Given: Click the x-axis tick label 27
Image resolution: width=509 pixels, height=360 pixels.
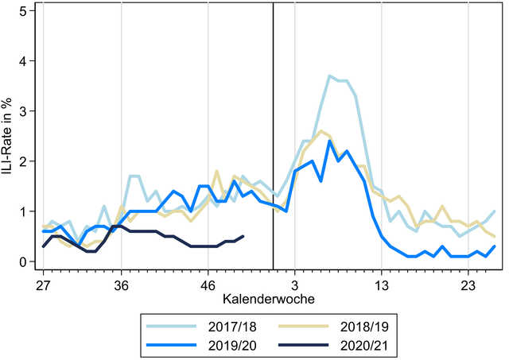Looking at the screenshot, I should (43, 283).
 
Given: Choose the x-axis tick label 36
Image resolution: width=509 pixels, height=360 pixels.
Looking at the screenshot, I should (121, 283).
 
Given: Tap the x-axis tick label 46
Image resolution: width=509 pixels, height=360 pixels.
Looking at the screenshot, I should (208, 283).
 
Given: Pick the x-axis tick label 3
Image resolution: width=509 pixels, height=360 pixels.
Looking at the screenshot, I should (294, 283).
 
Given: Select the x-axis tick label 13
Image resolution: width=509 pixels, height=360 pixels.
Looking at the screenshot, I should (381, 283).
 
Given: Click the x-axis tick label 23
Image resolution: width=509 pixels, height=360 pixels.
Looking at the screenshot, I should (468, 283).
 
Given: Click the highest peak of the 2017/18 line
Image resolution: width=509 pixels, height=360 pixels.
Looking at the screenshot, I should (329, 75).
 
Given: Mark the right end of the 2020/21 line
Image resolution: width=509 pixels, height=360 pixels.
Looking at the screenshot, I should (243, 236).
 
